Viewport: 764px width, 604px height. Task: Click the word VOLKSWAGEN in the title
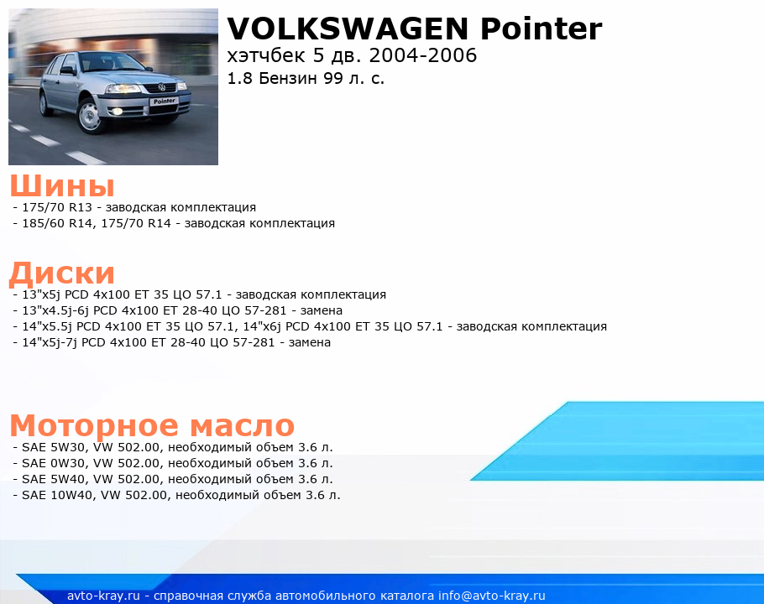[x=348, y=29]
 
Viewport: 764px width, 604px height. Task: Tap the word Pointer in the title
[x=541, y=29]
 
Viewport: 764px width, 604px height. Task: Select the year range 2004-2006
[x=423, y=55]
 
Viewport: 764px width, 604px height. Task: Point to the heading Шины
[x=62, y=185]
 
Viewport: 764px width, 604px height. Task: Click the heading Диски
[x=62, y=273]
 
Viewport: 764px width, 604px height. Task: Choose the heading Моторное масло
[x=152, y=425]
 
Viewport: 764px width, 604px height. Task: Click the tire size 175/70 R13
[x=57, y=207]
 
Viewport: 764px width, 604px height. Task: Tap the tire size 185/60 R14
[x=56, y=223]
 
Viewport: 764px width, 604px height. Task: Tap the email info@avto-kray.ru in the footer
[x=492, y=596]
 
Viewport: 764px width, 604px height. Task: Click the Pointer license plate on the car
[x=165, y=102]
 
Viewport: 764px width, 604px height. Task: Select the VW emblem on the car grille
[x=162, y=87]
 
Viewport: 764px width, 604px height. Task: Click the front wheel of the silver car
[x=91, y=116]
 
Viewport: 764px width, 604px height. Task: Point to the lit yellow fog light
[x=118, y=112]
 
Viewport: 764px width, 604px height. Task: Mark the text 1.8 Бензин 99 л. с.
[x=306, y=78]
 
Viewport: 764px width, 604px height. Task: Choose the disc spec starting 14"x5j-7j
[x=176, y=342]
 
